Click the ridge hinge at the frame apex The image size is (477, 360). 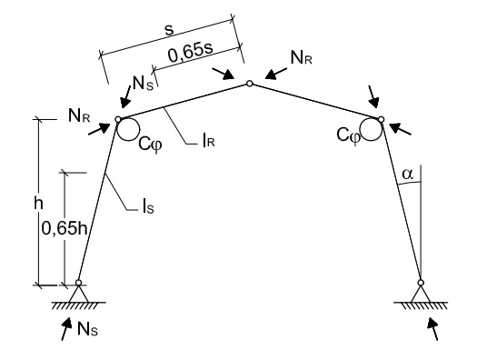click(x=249, y=85)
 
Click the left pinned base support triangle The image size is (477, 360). click(x=79, y=293)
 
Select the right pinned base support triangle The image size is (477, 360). click(x=421, y=293)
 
